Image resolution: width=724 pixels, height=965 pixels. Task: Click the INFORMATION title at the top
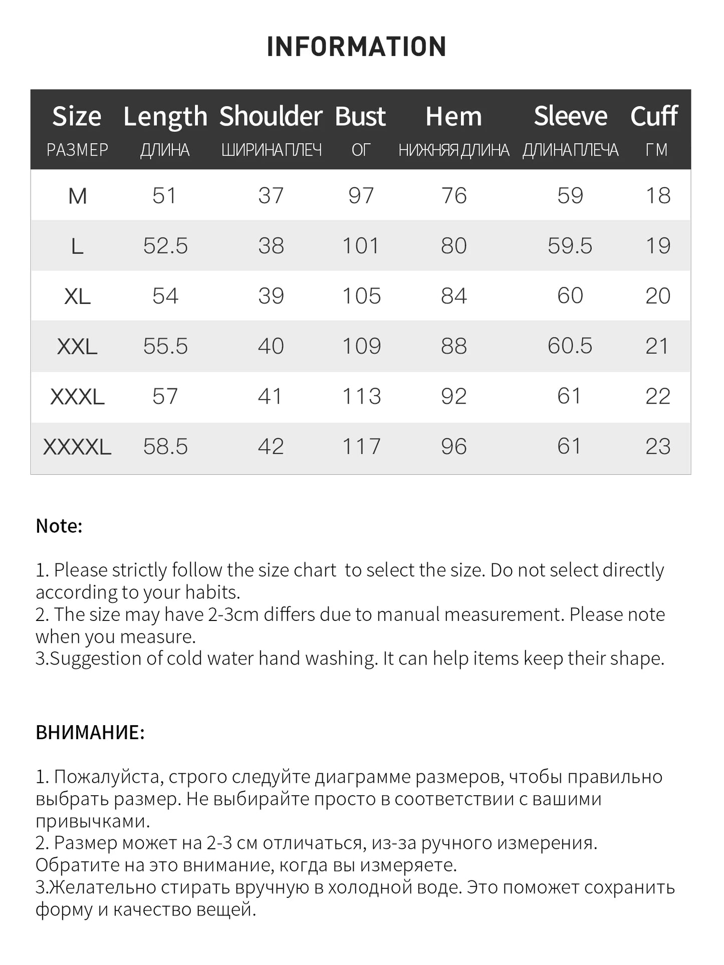(356, 47)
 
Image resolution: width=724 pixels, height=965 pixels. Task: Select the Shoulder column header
(271, 116)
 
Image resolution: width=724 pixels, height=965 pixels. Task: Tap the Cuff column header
(654, 116)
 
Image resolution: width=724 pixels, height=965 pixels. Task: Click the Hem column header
(453, 116)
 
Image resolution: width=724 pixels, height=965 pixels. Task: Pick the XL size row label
(77, 296)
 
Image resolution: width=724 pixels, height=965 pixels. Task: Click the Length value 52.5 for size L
(165, 246)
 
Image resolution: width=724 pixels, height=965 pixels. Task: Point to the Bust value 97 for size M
(361, 196)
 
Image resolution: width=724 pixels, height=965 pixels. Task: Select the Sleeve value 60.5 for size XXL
(570, 346)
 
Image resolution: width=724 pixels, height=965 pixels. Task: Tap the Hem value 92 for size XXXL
(453, 397)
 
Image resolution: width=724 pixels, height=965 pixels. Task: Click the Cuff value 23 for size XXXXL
(657, 447)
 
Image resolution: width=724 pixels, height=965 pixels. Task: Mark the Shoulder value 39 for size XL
(271, 296)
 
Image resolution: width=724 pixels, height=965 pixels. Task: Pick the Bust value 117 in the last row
(361, 447)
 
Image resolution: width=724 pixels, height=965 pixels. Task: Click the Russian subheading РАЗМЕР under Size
(77, 150)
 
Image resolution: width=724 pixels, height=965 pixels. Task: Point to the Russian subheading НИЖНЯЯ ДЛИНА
(453, 150)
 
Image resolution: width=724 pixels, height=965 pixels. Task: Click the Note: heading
(59, 526)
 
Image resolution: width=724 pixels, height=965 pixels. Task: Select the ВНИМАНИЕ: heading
(90, 733)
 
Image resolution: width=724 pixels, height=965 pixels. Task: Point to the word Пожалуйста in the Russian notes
(107, 777)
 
